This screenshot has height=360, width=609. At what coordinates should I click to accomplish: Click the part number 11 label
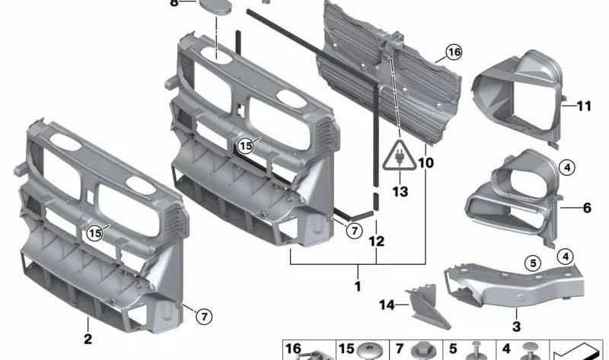click(584, 106)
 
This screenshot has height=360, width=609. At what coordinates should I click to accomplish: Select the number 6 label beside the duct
click(587, 207)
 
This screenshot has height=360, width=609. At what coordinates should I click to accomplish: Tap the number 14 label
click(387, 305)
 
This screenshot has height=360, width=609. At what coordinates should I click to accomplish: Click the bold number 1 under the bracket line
click(357, 287)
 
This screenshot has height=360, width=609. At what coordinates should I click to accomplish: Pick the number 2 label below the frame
click(88, 339)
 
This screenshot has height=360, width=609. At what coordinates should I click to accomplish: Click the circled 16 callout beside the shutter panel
click(454, 53)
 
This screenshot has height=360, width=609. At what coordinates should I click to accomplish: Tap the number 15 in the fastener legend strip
click(346, 349)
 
